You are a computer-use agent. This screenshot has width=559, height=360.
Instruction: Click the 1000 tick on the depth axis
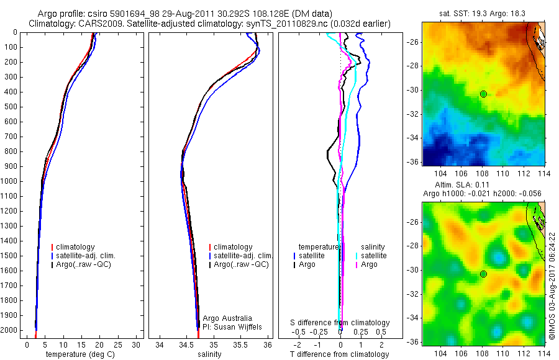click(11, 181)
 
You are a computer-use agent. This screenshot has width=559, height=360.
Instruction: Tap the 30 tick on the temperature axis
click(136, 344)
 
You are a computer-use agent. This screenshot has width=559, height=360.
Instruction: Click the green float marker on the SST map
click(483, 94)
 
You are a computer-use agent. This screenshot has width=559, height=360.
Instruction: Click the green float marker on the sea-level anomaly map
click(483, 274)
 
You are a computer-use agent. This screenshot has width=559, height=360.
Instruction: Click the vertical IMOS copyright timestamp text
click(551, 286)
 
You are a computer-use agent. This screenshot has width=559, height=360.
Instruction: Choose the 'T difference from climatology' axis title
click(340, 354)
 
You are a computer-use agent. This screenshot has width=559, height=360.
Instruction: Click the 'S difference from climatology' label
click(340, 323)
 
